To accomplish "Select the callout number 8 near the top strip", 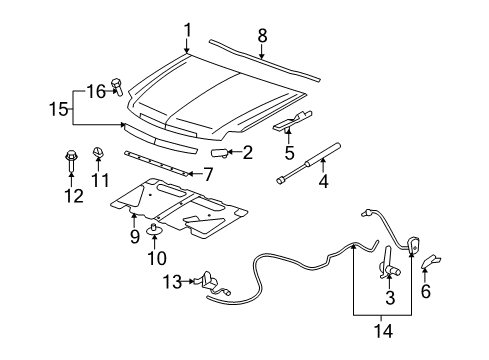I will (262, 35).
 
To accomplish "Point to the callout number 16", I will (94, 90).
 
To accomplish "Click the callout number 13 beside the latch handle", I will (172, 281).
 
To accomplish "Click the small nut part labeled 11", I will (99, 152).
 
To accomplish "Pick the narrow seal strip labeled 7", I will (155, 162).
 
